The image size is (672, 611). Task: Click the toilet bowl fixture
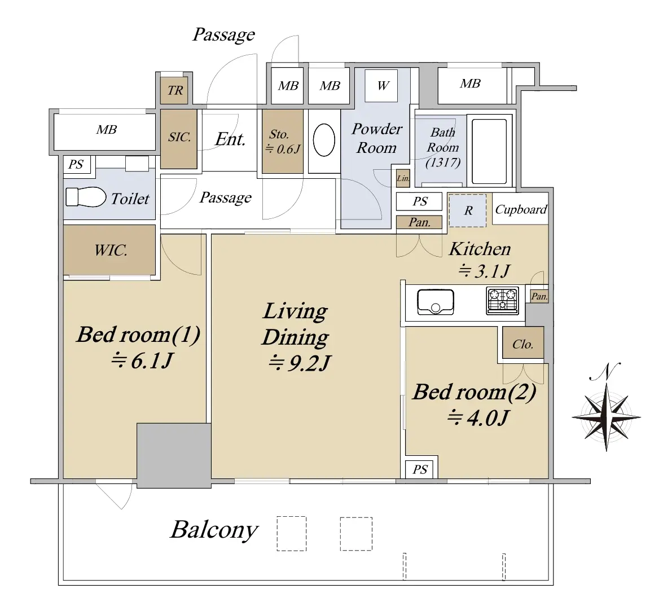86,197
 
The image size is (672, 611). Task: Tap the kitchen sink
436,302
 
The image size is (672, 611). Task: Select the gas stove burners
503,300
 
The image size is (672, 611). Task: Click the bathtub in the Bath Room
489,151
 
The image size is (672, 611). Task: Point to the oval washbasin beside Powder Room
324,140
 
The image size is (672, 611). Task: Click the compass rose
606,416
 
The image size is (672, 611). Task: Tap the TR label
175,90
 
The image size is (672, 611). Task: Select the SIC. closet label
179,137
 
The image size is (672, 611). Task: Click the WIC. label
111,250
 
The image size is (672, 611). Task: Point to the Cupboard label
521,209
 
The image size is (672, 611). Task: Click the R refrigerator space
468,210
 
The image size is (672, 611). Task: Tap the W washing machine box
381,85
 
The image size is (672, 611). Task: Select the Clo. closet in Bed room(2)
523,343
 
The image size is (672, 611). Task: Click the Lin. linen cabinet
403,178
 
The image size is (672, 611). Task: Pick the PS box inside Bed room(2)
420,469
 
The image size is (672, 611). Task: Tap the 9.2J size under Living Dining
300,363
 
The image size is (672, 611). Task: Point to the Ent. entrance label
231,139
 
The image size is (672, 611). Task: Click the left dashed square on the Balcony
292,534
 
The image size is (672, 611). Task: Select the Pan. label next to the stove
539,296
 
